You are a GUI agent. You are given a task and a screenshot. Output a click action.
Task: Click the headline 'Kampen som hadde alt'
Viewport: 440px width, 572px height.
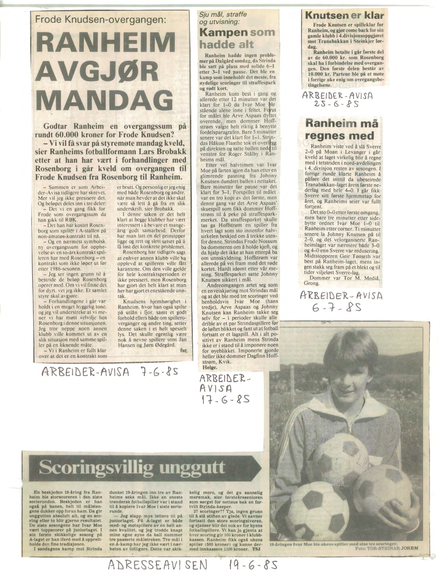[x=237, y=38]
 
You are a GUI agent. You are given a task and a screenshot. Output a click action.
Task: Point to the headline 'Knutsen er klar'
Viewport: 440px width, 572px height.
[x=344, y=16]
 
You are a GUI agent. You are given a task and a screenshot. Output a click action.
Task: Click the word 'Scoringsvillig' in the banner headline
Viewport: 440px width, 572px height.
[x=94, y=468]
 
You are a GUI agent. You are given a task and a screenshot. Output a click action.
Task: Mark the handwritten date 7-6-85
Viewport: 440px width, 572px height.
[x=155, y=372]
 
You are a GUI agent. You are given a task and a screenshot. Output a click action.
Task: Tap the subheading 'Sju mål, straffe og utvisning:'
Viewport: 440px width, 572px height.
[x=223, y=18]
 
